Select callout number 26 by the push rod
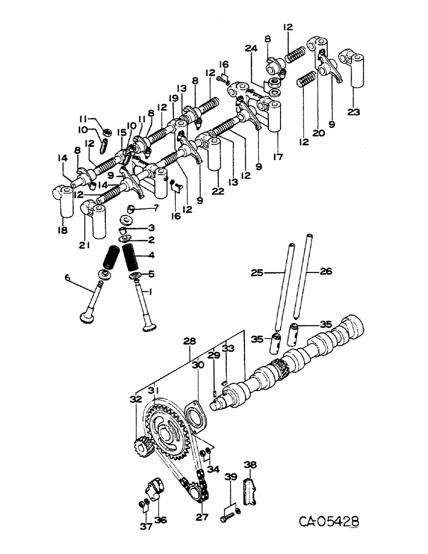(325, 272)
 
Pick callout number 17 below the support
(278, 157)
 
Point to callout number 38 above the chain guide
(251, 466)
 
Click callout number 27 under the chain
(201, 518)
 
